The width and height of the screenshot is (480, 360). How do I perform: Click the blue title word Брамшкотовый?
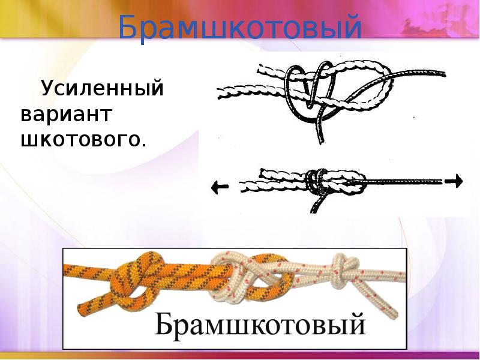coord(240,28)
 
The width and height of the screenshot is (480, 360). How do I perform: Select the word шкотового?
coord(82,139)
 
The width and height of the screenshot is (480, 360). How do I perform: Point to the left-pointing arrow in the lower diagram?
coord(220,187)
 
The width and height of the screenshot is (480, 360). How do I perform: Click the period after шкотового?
coord(144,144)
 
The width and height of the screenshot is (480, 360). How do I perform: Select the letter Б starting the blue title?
coord(127,28)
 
